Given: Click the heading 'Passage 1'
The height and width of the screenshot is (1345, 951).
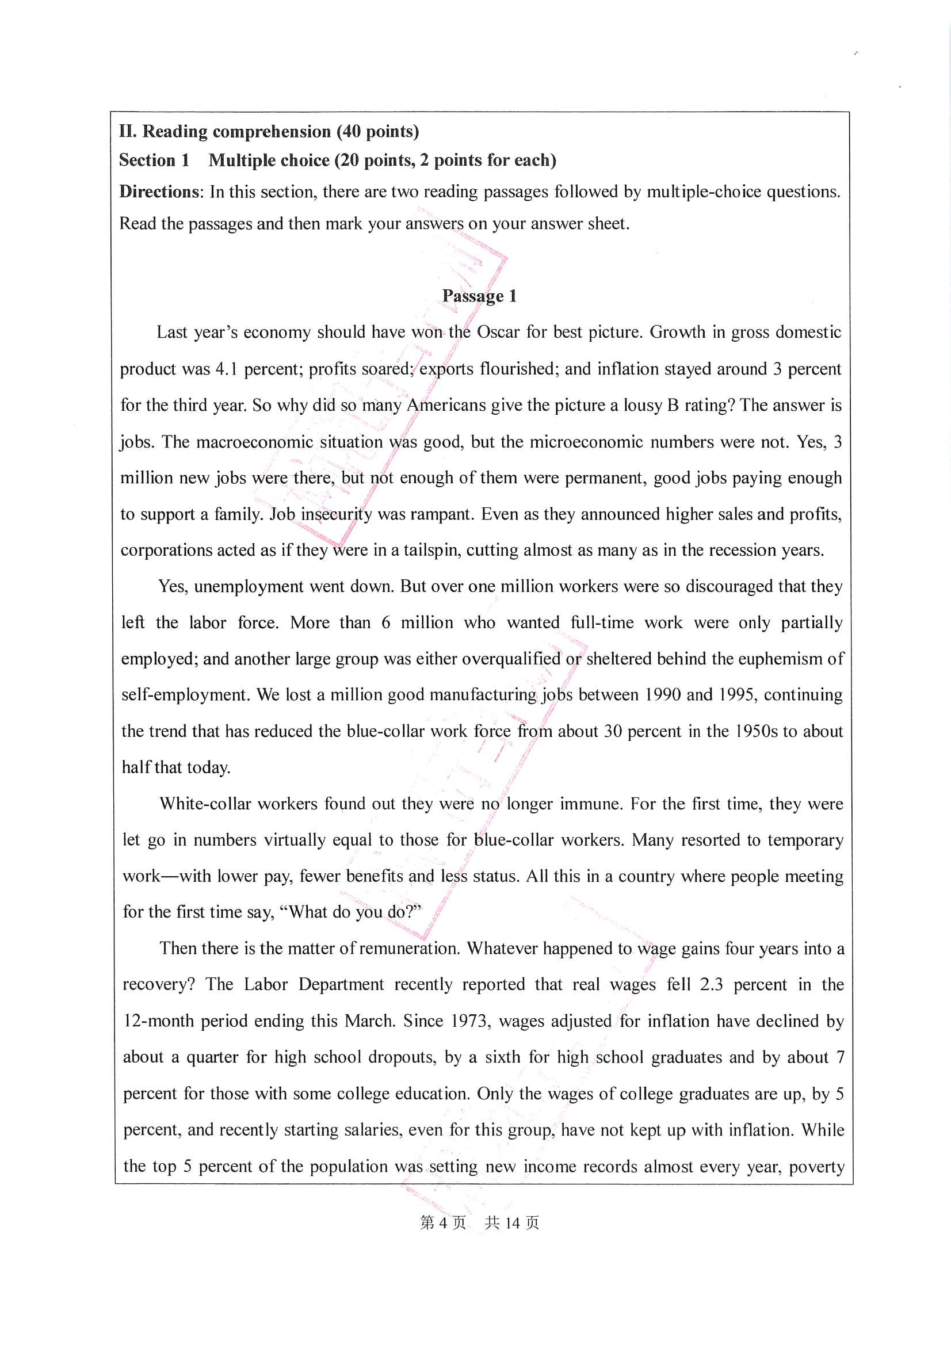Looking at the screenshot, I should point(479,296).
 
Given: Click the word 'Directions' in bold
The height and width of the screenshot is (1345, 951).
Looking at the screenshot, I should point(159,192).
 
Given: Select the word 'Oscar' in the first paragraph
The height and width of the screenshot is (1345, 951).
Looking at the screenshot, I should point(498,332).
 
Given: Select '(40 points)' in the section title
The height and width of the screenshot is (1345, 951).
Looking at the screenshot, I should point(378,131).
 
